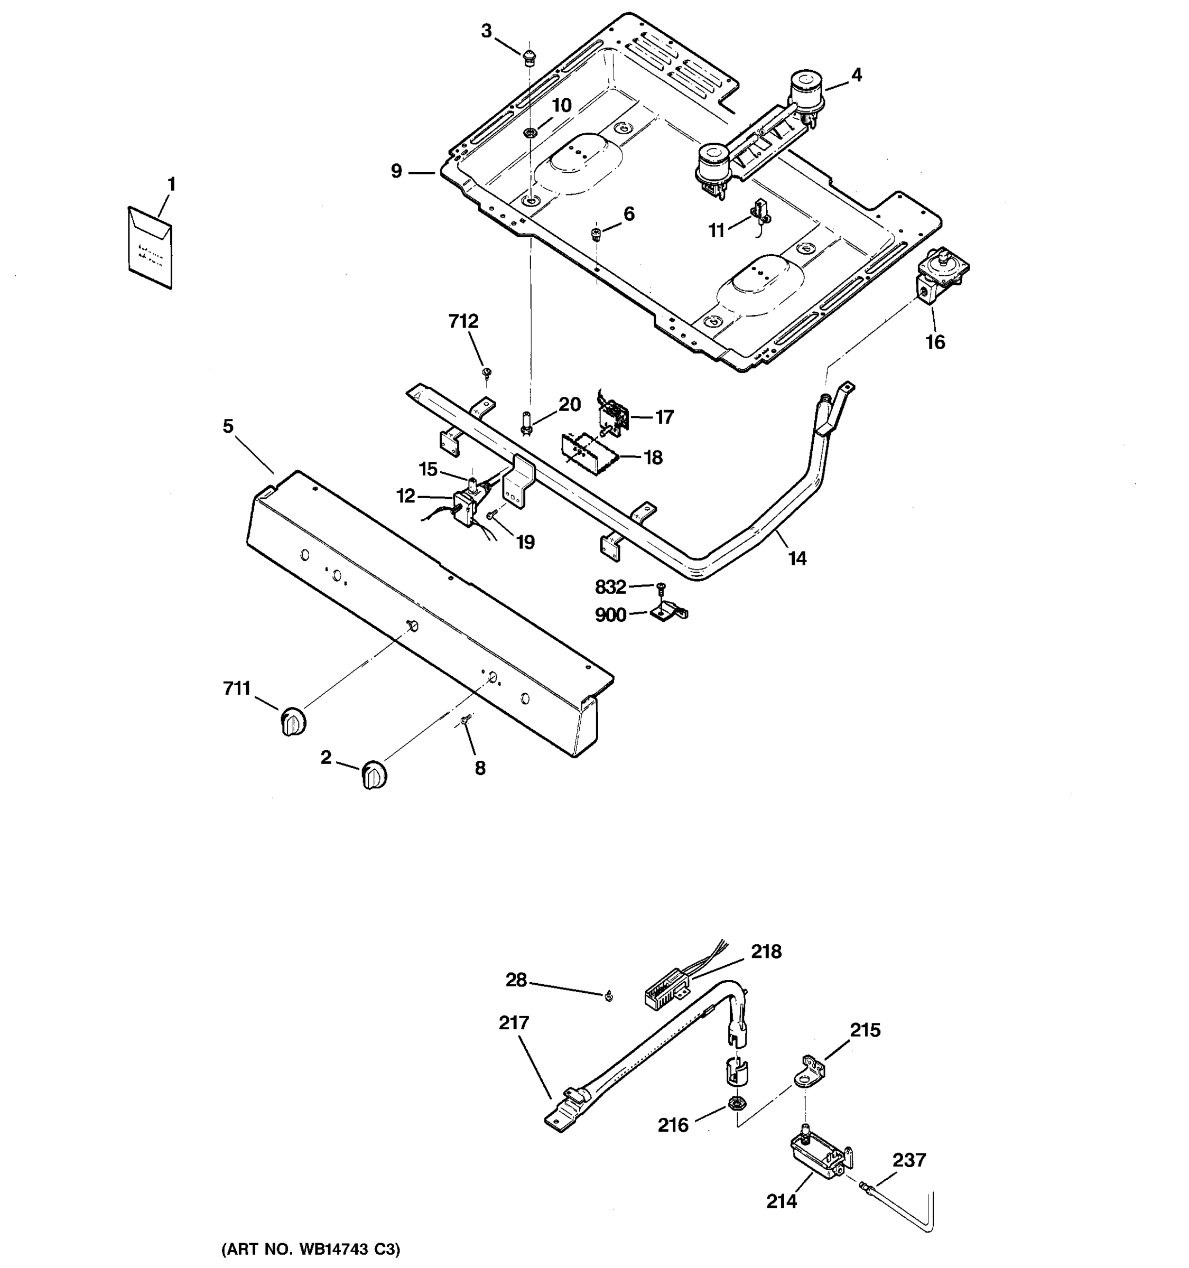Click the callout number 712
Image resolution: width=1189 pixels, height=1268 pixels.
click(463, 321)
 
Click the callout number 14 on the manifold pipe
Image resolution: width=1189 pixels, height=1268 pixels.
click(797, 559)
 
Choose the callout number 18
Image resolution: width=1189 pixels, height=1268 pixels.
click(653, 458)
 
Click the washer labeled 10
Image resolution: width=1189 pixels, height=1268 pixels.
click(530, 133)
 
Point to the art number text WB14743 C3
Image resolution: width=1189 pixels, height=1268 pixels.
click(311, 1248)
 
